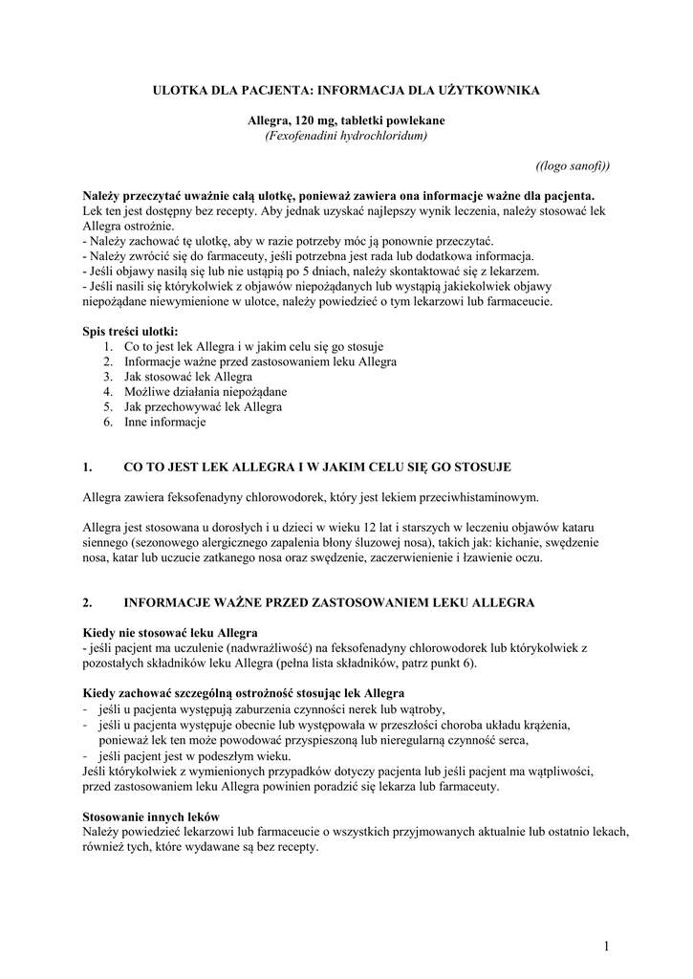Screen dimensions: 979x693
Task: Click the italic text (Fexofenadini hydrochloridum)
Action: pyautogui.click(x=346, y=136)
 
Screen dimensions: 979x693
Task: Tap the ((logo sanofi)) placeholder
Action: pyautogui.click(x=573, y=164)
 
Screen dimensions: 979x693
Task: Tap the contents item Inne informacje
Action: pyautogui.click(x=165, y=422)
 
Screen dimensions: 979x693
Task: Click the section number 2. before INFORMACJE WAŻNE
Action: pyautogui.click(x=88, y=602)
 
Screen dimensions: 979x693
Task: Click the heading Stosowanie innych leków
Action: pyautogui.click(x=151, y=816)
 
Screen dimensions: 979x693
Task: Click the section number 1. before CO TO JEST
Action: pyautogui.click(x=88, y=467)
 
